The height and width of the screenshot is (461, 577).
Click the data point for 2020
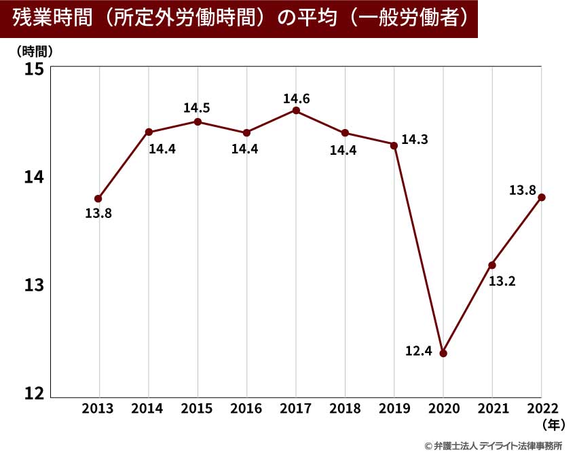[443, 353]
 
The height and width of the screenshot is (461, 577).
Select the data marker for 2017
[296, 110]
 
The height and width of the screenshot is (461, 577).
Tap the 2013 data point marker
[98, 199]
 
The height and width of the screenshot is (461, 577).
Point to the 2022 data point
[541, 197]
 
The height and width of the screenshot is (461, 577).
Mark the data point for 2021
[492, 265]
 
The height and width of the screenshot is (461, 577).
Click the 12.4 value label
[419, 352]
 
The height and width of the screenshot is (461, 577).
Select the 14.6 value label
[296, 99]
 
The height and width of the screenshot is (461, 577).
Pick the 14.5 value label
[197, 107]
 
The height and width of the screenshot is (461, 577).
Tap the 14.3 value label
[414, 140]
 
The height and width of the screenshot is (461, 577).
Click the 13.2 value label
[502, 281]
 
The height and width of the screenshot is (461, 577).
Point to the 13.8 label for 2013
[98, 214]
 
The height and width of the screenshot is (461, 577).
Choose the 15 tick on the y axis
[34, 69]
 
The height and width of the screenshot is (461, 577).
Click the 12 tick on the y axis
[34, 393]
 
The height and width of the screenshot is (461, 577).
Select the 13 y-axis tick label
[34, 284]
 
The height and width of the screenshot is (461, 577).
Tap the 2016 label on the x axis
[246, 409]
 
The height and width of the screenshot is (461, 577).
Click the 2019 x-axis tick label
[393, 409]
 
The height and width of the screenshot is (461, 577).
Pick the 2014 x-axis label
[147, 409]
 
